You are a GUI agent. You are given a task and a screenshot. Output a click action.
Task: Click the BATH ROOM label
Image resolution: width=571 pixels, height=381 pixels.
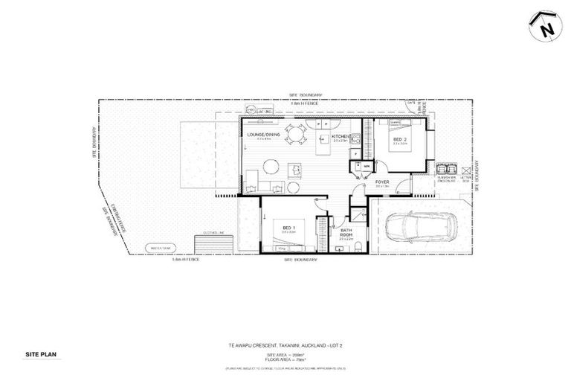pyautogui.click(x=346, y=234)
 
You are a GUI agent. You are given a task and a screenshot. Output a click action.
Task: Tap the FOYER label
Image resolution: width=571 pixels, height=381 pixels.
pyautogui.click(x=382, y=182)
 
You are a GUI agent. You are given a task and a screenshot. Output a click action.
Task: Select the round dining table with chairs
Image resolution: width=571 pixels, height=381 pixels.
pyautogui.click(x=296, y=135)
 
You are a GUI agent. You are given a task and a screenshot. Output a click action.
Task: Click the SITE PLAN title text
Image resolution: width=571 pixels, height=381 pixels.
pyautogui.click(x=41, y=356)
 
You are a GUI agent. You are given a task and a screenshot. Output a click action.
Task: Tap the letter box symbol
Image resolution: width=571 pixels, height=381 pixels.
pyautogui.click(x=467, y=169)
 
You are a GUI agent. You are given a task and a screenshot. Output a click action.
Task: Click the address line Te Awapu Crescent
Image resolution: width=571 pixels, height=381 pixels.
pyautogui.click(x=285, y=345)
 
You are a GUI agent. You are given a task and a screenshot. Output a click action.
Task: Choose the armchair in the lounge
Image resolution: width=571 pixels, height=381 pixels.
pyautogui.click(x=295, y=170)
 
